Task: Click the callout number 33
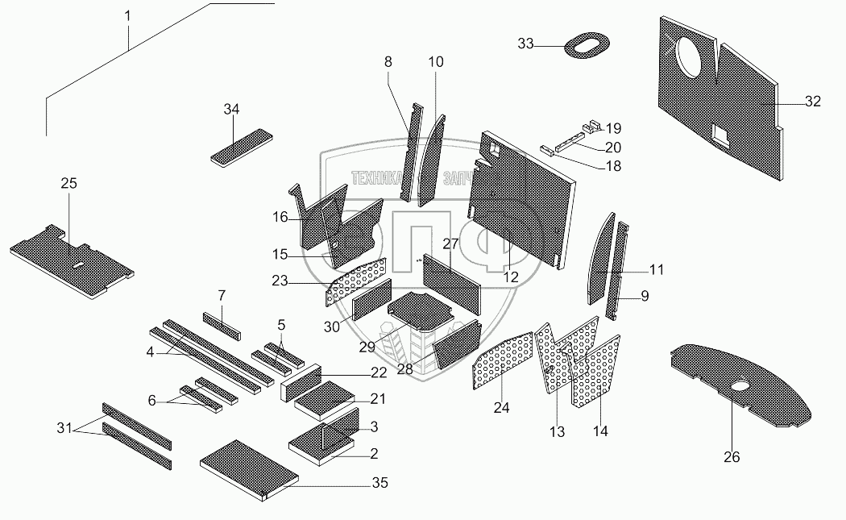(525, 44)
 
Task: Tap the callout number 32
(812, 102)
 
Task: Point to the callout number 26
(731, 457)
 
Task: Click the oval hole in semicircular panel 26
(741, 390)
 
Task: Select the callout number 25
(69, 184)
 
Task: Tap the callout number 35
(379, 483)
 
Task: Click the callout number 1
(126, 15)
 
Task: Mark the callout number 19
(613, 128)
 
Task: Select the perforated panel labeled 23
(355, 283)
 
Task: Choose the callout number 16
(280, 217)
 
